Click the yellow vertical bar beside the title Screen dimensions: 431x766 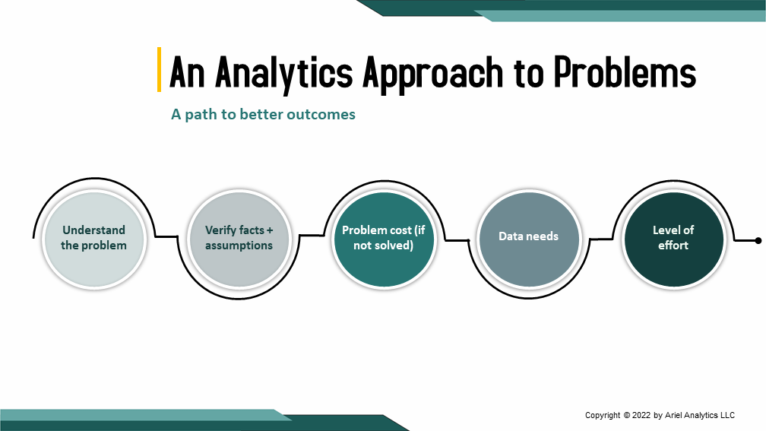point(159,69)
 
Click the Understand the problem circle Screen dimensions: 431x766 point(93,238)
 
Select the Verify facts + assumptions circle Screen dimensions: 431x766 point(239,238)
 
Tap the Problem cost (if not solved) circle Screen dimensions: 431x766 point(383,238)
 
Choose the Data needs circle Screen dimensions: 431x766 point(528,238)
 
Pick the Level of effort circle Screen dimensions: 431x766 point(673,238)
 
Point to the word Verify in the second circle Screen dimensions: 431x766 point(220,230)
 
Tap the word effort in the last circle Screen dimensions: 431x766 point(673,245)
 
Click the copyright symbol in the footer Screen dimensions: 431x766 point(627,415)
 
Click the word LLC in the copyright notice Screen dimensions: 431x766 point(726,415)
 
